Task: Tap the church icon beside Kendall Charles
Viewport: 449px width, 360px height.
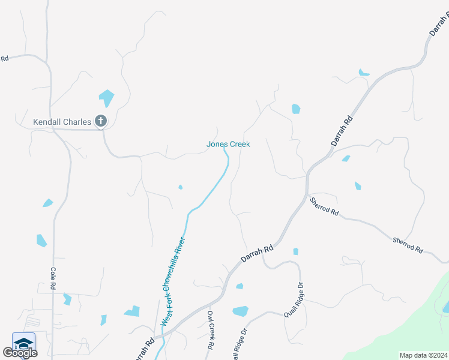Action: pyautogui.click(x=101, y=122)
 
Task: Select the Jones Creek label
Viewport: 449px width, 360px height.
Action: pyautogui.click(x=228, y=144)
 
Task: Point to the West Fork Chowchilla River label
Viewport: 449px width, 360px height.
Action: pyautogui.click(x=173, y=282)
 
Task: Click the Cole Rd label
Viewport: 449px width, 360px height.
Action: pyautogui.click(x=53, y=279)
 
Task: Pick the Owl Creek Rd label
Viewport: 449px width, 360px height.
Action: pyautogui.click(x=210, y=330)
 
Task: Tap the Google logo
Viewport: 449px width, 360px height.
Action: pyautogui.click(x=20, y=353)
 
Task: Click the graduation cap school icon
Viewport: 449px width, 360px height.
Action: pyautogui.click(x=23, y=344)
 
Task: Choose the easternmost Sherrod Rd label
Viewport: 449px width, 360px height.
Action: pyautogui.click(x=408, y=245)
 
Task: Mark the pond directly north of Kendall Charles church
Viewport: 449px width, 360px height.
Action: pyautogui.click(x=106, y=97)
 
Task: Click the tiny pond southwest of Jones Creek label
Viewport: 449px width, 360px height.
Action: pyautogui.click(x=180, y=187)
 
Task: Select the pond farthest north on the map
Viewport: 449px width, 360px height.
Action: pyautogui.click(x=363, y=73)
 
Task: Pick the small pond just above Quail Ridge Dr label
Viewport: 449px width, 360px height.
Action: pyautogui.click(x=295, y=251)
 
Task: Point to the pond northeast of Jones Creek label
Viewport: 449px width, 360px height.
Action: pyautogui.click(x=295, y=109)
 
